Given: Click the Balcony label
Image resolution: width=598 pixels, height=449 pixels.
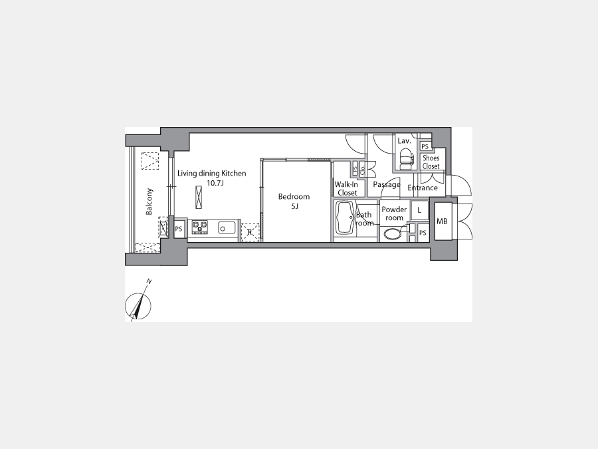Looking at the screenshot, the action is click(149, 202).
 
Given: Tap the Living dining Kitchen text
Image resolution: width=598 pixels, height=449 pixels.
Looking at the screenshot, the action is click(212, 174).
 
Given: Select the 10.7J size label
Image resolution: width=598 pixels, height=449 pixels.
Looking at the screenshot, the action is click(215, 184).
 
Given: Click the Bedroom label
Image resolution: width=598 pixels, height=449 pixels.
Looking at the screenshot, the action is click(294, 197).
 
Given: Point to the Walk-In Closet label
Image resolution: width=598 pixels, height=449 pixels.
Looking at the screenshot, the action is click(347, 189).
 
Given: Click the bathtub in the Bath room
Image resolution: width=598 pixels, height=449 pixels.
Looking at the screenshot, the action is click(345, 218).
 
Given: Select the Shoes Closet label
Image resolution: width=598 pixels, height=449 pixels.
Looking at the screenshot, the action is click(431, 162).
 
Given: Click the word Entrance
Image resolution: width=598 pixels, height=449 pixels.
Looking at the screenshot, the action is click(423, 188).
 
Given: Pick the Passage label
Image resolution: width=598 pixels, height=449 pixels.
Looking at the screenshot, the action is click(387, 185).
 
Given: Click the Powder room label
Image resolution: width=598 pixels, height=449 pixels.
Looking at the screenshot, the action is click(394, 214).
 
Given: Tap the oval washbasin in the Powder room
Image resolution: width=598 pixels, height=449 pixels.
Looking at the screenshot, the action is click(393, 234).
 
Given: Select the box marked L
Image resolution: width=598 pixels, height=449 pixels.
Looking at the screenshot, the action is click(419, 210).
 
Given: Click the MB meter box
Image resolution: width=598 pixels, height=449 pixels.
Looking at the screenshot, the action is click(443, 222).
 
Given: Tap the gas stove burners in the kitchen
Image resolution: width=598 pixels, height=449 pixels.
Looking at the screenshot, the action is click(200, 227).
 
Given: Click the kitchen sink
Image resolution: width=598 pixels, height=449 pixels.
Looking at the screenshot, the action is click(227, 227).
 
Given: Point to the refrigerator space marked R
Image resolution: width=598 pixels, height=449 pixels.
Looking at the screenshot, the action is click(250, 232).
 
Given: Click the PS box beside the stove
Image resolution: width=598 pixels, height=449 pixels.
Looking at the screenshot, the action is click(179, 229).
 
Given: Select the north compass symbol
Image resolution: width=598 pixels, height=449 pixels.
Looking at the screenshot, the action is click(138, 305).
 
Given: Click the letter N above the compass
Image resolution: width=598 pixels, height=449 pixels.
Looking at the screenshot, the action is click(149, 282).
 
